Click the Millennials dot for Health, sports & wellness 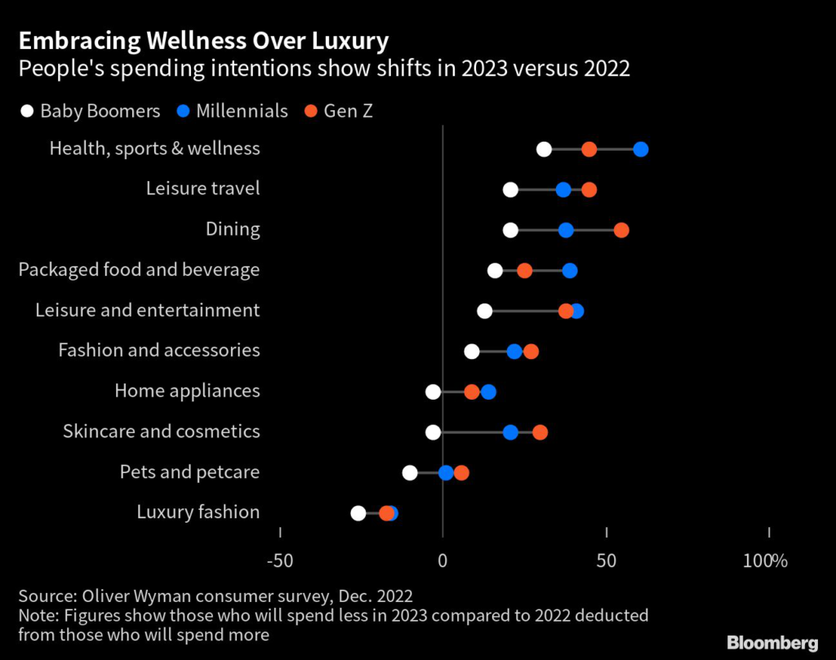641,149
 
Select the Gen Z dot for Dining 621,230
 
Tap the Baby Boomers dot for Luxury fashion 358,513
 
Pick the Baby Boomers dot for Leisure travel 510,190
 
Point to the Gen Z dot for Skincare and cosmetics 540,432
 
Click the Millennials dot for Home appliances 488,392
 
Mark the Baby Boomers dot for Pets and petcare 410,472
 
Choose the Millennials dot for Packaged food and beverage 570,271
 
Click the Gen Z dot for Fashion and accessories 531,352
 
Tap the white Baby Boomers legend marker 27,111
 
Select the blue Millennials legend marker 183,111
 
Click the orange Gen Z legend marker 310,111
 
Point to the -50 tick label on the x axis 280,561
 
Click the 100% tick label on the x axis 765,561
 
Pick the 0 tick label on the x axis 443,561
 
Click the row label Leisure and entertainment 148,311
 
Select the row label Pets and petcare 189,472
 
